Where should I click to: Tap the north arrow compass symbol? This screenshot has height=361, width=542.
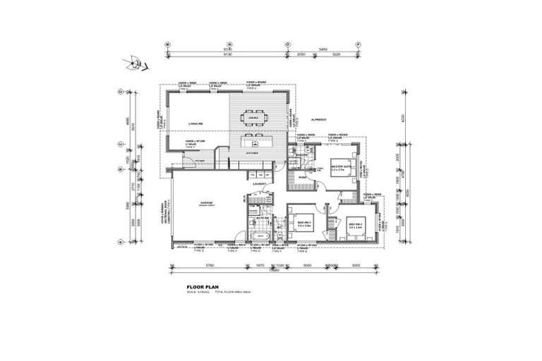pos(133,65)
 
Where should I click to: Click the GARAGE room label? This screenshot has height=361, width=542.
pos(207,203)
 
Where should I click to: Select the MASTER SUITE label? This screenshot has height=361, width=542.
pos(341,167)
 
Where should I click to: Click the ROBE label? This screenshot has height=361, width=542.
pos(301,178)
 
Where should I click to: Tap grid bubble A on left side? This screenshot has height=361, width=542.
pos(121,242)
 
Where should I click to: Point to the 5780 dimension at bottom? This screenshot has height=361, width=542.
pos(210,266)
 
